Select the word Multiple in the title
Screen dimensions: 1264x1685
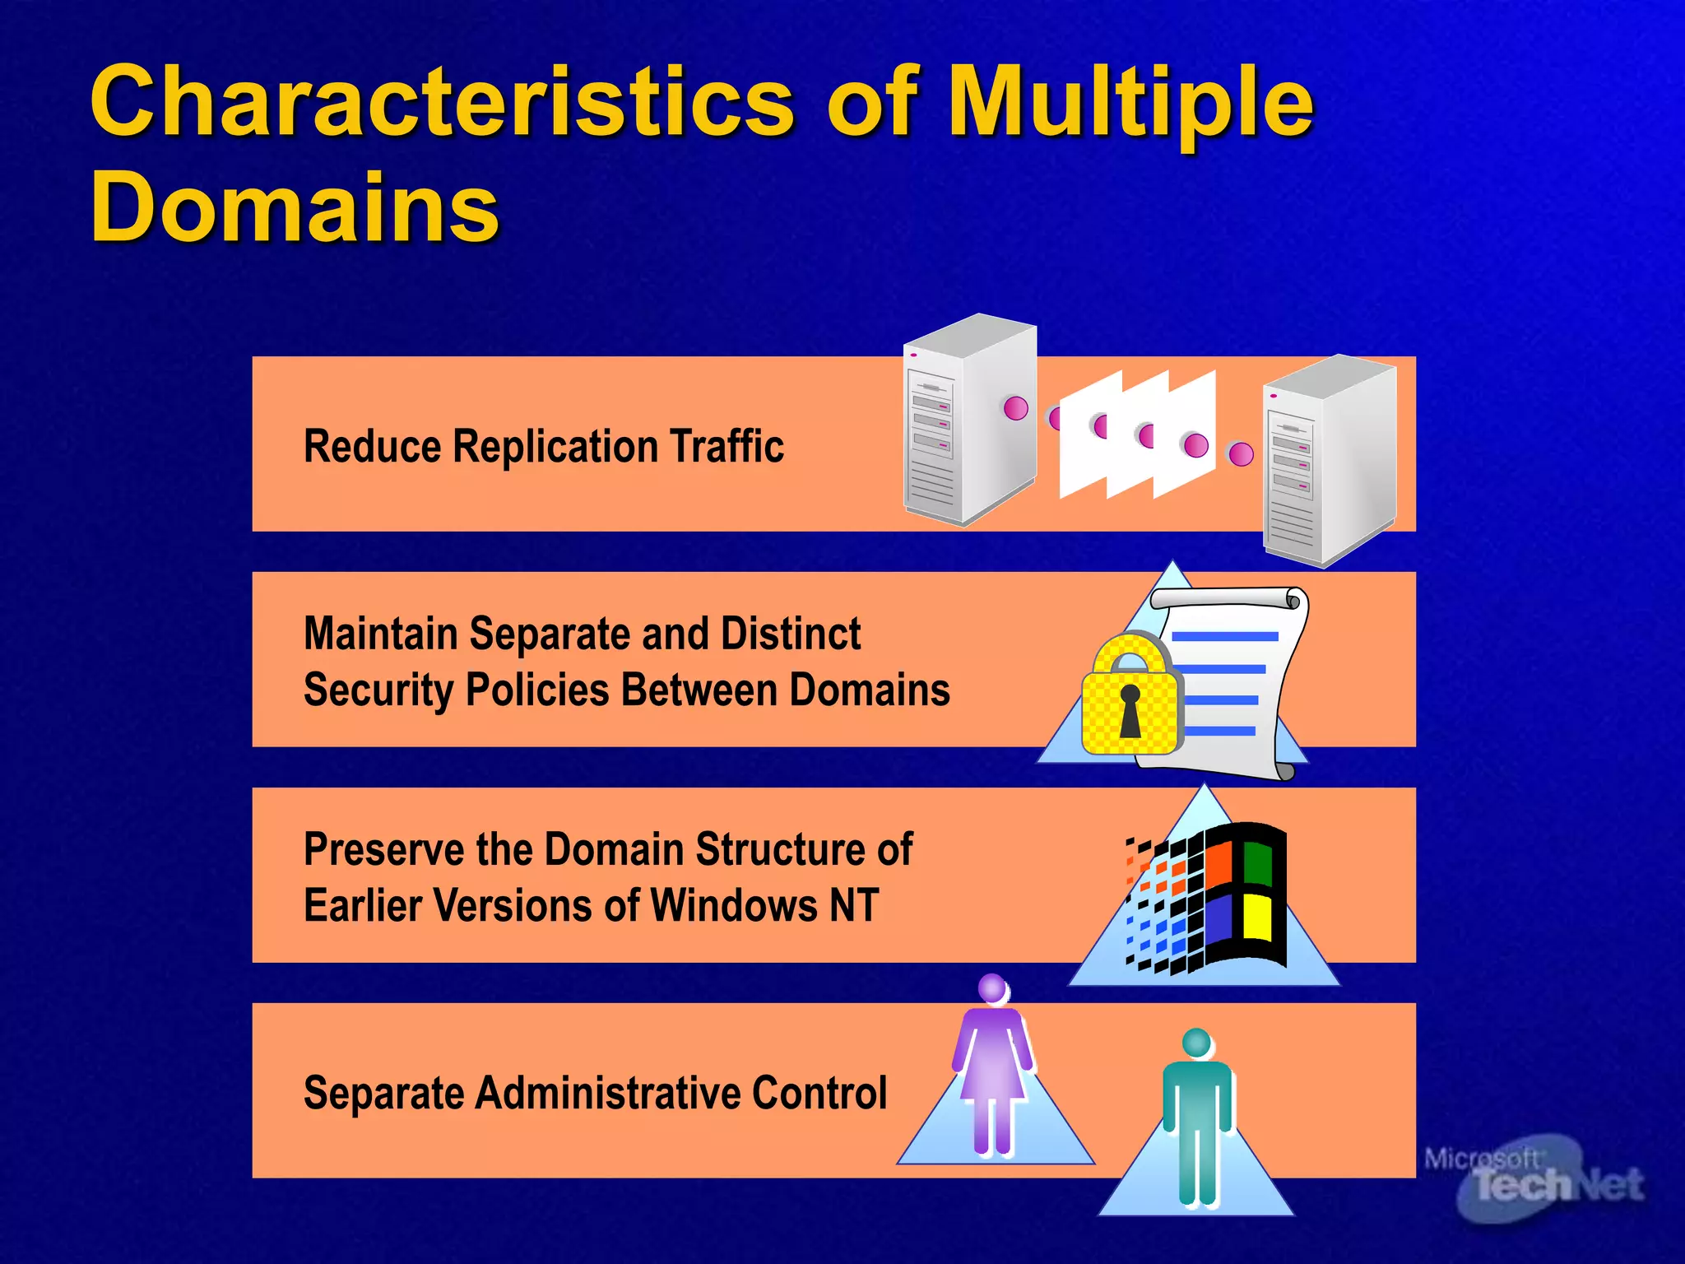(1130, 103)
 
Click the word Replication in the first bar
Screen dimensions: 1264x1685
(556, 447)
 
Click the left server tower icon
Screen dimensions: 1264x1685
(969, 420)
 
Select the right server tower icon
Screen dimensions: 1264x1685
(1329, 461)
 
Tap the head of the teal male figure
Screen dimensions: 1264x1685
(1196, 1043)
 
